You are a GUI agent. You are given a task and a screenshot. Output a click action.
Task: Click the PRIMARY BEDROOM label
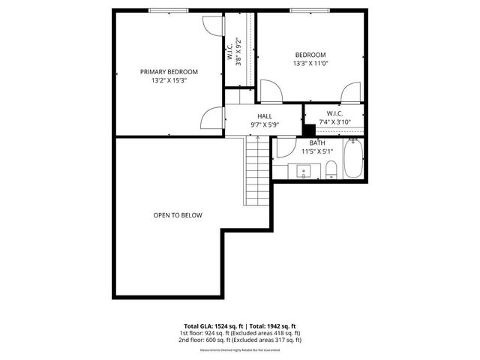(x=169, y=72)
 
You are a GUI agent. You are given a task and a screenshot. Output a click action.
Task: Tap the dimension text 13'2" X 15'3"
(x=169, y=80)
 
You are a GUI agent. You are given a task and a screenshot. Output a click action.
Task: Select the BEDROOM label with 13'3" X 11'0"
(x=310, y=55)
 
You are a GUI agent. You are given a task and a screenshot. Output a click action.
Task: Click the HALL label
(x=265, y=115)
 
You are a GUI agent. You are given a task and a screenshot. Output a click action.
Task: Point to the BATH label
(x=316, y=142)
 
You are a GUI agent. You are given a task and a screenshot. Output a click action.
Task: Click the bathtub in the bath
(x=353, y=159)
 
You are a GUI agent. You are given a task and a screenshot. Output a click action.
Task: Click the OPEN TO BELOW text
(x=178, y=215)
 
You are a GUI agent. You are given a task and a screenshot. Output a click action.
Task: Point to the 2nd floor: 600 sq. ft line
(x=239, y=340)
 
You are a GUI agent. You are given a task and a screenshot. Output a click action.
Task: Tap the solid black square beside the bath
(x=307, y=128)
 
